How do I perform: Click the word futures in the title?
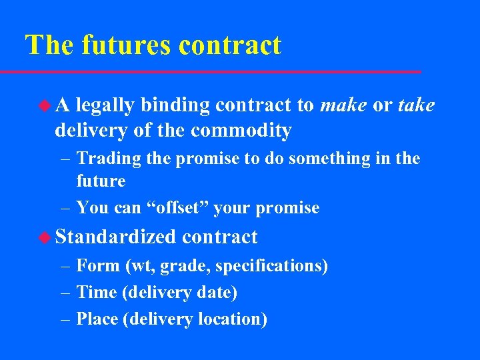click(x=127, y=45)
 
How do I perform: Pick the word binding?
click(x=173, y=105)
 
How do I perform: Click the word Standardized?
click(x=116, y=237)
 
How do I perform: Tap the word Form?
click(x=98, y=266)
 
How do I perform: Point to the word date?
click(x=219, y=293)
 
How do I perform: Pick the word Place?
click(x=98, y=319)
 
